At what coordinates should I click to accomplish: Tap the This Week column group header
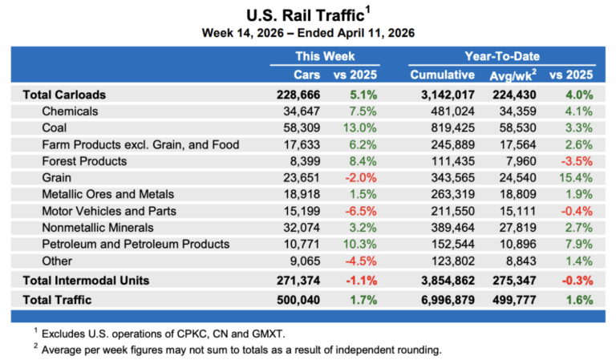click(x=324, y=57)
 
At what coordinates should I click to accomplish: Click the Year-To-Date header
click(x=501, y=57)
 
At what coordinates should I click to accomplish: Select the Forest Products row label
click(x=84, y=160)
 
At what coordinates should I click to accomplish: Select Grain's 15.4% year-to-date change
click(x=576, y=177)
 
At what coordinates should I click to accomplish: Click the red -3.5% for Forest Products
click(x=576, y=160)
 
